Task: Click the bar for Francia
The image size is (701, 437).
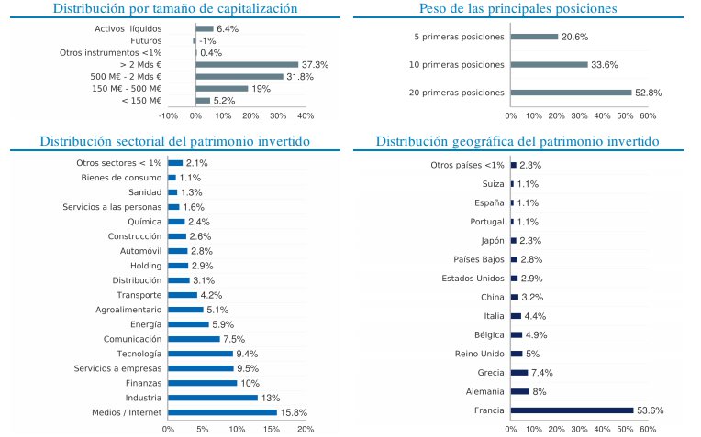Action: (572, 410)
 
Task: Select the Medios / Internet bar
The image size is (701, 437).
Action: (222, 412)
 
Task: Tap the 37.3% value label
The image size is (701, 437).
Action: (316, 65)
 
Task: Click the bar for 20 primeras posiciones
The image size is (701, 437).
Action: (571, 93)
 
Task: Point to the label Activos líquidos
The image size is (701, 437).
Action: (128, 29)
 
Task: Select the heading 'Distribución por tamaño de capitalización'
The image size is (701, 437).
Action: (175, 9)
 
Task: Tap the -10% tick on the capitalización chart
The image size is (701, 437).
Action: (169, 116)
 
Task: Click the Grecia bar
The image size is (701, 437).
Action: (519, 373)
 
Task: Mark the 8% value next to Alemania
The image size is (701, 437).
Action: (540, 391)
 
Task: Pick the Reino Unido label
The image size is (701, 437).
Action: (479, 354)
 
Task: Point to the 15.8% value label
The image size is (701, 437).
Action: (294, 412)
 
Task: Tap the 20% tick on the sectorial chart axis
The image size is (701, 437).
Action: (306, 429)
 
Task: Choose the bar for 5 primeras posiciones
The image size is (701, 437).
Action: (534, 37)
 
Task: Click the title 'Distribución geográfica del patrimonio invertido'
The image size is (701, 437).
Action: (517, 142)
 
